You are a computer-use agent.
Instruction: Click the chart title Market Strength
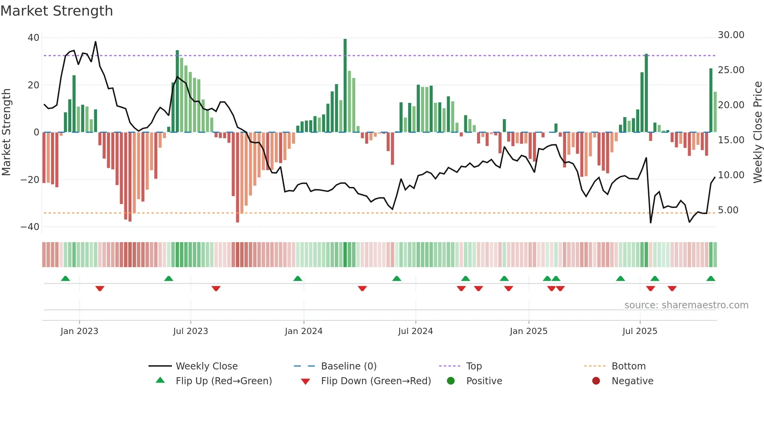pos(57,11)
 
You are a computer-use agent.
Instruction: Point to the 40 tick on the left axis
pos(34,38)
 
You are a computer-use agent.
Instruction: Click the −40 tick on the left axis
pos(30,227)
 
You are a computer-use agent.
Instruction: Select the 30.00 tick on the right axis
pos(731,35)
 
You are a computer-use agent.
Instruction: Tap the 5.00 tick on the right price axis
pos(728,210)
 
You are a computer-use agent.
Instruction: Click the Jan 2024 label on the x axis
pos(304,331)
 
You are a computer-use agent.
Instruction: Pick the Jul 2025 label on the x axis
pos(640,331)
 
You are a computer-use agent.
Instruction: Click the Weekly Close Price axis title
pos(757,132)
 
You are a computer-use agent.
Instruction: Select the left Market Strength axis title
pos(7,132)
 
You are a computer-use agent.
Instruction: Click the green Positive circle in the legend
pos(451,381)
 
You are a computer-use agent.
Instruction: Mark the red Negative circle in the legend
pos(596,381)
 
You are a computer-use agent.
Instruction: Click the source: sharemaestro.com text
pos(686,305)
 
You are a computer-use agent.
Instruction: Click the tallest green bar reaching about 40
pos(345,86)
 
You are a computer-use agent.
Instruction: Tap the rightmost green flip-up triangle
pos(711,279)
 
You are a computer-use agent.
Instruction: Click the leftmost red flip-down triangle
pos(100,288)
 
